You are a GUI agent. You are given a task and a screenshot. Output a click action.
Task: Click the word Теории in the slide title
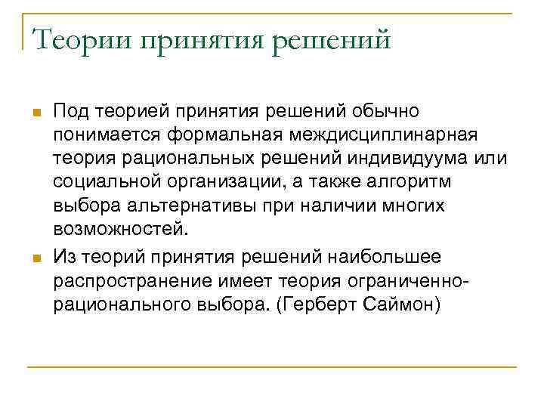coord(79,39)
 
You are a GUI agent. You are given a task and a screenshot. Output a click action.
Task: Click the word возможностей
coord(118,228)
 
